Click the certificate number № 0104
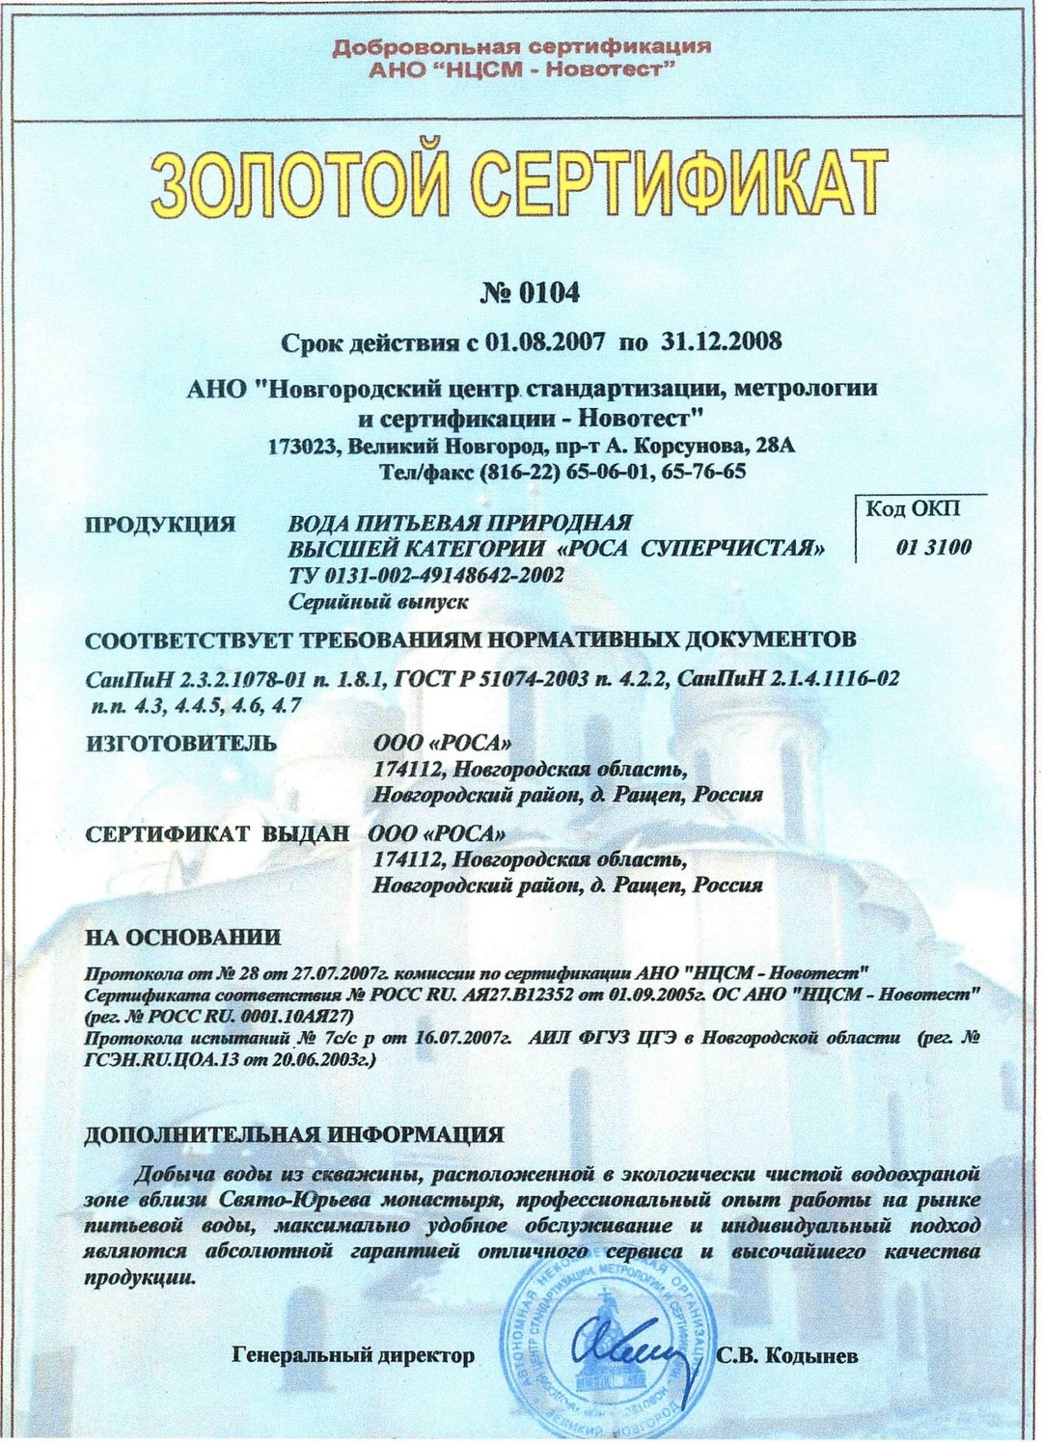[x=530, y=293]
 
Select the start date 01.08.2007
[x=546, y=341]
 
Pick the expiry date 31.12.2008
[x=721, y=341]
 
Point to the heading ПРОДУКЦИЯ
[x=160, y=525]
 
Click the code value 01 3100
[x=933, y=548]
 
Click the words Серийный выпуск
[x=378, y=602]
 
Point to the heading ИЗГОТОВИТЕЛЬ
[x=181, y=744]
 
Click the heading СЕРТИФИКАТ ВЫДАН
[x=217, y=834]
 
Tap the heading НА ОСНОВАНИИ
[x=182, y=937]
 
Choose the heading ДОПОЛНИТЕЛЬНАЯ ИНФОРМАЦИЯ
[x=293, y=1134]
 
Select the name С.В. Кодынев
[x=787, y=1356]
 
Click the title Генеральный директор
[x=354, y=1356]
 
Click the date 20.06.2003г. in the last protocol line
[x=300, y=1059]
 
